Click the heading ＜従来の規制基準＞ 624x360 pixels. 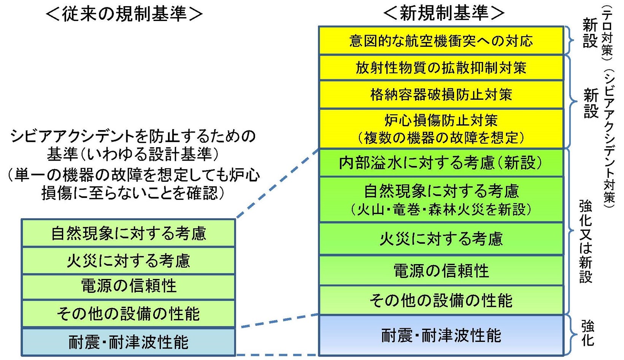pos(124,14)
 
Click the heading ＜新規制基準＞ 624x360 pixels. pos(443,13)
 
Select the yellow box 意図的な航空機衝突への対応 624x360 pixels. pos(441,41)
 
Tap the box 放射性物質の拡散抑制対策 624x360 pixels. pos(441,68)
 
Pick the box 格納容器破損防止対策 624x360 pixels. pos(441,94)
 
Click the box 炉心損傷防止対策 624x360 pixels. pos(441,129)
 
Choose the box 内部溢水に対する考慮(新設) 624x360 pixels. pos(441,163)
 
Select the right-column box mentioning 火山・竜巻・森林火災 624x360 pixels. pos(441,199)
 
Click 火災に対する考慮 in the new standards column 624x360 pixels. pos(441,239)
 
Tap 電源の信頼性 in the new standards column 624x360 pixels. pos(441,271)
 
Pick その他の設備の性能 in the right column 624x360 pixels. pos(441,301)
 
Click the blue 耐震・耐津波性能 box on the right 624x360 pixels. pos(441,336)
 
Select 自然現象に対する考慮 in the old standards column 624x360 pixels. pos(128,233)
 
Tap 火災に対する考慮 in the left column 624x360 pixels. pos(128,261)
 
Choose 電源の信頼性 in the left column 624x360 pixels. pos(128,286)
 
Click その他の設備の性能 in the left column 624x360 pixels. pos(128,314)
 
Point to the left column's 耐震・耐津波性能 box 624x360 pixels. pos(128,342)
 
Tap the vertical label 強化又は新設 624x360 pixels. pos(586,242)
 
